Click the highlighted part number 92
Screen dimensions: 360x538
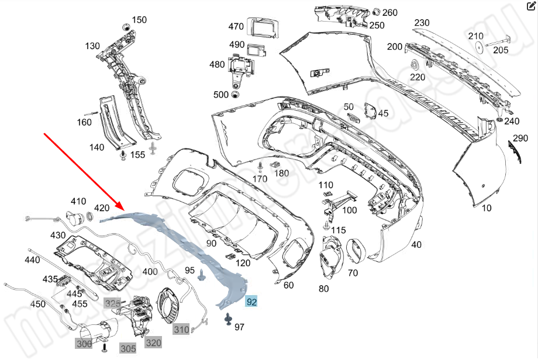coord(251,302)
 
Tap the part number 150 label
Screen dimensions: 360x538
coord(139,20)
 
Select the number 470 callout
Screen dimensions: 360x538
coord(236,26)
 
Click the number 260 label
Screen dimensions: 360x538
coord(390,12)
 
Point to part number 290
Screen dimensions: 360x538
coord(520,139)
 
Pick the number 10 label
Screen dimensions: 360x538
coord(487,207)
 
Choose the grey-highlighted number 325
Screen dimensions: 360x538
coord(112,303)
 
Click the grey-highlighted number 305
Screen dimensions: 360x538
coord(128,348)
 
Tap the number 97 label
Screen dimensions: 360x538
coord(239,327)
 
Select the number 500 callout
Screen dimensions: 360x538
coord(221,95)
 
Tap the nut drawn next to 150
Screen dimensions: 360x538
coord(126,27)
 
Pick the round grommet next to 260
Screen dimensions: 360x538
coord(375,12)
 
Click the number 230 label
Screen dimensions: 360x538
coord(422,23)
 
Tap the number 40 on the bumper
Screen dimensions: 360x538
coord(416,244)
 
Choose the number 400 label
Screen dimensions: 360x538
coord(150,272)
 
